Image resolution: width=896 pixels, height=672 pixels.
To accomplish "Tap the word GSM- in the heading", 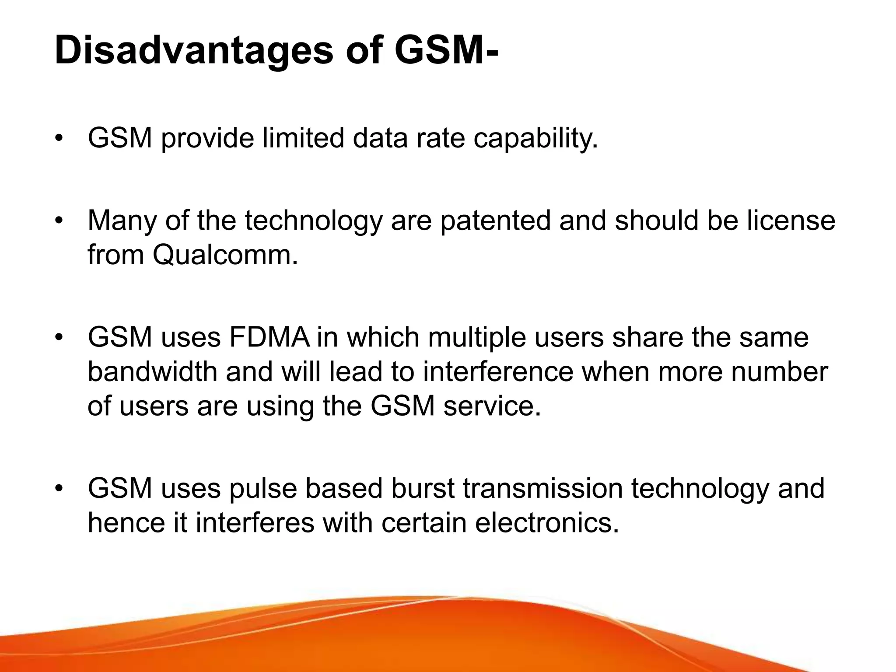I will pos(446,52).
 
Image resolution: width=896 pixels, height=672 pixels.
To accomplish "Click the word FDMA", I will pos(269,337).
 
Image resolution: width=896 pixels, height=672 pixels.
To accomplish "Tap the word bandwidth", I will pos(153,372).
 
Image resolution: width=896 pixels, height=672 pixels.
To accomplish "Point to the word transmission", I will pos(542,488).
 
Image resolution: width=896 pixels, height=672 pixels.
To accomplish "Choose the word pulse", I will pos(263,488).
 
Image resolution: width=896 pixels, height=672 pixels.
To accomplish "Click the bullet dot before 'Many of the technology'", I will pos(59,221).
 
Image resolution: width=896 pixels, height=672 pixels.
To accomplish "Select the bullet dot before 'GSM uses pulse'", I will pos(59,489).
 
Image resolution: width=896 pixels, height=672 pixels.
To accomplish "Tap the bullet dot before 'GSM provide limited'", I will pos(59,139).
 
